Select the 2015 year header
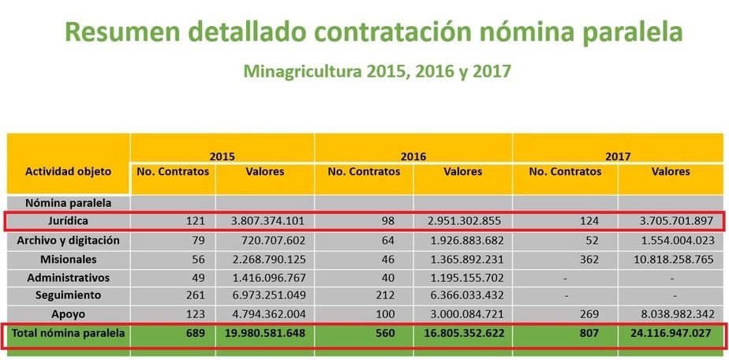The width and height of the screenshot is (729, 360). [222, 156]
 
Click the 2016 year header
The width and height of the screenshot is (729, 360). [413, 156]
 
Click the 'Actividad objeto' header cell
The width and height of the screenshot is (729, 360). [68, 171]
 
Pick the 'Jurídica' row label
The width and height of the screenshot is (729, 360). [68, 221]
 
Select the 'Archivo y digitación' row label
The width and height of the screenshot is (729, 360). [68, 240]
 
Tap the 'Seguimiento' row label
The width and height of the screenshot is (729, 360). [68, 294]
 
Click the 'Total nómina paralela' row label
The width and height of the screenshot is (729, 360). [68, 333]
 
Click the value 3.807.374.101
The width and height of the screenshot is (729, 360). [265, 221]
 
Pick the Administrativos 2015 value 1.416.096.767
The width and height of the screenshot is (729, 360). [265, 278]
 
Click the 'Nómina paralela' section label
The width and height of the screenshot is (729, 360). [68, 203]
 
